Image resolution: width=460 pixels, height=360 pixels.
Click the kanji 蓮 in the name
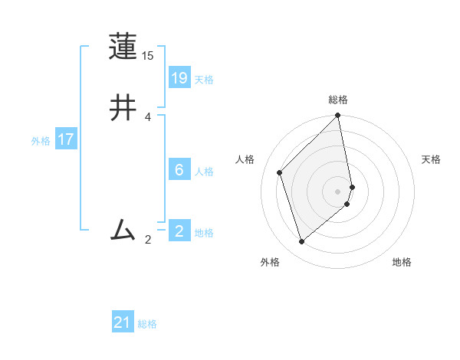pos(123,47)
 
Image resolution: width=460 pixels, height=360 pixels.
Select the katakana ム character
pos(123,230)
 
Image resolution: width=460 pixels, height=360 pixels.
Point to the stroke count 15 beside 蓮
pos(148,57)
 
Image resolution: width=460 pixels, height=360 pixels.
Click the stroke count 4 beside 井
pos(148,116)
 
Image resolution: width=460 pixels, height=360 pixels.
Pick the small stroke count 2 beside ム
pos(148,240)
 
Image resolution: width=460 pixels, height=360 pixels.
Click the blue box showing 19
pos(179,78)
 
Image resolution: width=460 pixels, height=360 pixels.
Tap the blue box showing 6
pos(179,170)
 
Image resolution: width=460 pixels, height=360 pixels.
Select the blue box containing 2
pos(179,231)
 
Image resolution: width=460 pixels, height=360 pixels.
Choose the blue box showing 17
pos(66,139)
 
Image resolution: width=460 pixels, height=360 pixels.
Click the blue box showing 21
pos(123,322)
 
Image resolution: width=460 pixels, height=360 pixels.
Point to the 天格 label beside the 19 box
pos(204,80)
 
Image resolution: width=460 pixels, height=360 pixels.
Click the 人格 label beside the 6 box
pos(204,172)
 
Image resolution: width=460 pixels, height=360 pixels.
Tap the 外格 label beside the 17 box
pos(41,141)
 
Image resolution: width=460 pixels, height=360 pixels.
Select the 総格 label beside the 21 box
pos(147,324)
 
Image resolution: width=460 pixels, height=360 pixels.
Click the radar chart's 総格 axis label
pos(338,100)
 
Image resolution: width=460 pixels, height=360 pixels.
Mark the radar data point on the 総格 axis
pos(338,116)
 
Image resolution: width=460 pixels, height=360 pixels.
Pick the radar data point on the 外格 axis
pos(301,242)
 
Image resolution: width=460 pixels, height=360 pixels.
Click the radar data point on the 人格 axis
pos(280,172)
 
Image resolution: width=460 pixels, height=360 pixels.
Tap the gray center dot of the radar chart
pos(338,191)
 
